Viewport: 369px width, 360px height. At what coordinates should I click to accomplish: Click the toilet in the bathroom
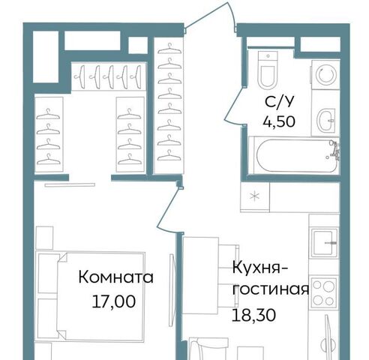(x=268, y=70)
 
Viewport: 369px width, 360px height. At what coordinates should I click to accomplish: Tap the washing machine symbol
(x=325, y=75)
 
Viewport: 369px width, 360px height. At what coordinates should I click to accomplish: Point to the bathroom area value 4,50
(x=279, y=121)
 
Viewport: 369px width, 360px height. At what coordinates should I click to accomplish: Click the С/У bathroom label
(x=279, y=101)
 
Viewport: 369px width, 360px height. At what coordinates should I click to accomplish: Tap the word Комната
(x=115, y=277)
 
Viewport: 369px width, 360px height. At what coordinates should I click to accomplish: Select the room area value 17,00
(x=114, y=301)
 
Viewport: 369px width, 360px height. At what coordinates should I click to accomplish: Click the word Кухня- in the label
(x=260, y=268)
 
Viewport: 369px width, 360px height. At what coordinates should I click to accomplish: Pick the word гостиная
(x=271, y=289)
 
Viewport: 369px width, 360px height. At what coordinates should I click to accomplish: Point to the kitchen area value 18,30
(x=254, y=315)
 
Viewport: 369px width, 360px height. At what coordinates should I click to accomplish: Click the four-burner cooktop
(x=324, y=292)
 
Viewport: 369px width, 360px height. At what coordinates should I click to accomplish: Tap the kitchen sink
(x=324, y=242)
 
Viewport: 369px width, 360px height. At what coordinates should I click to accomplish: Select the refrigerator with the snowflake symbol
(x=255, y=196)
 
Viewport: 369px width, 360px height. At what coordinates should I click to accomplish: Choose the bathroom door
(x=234, y=105)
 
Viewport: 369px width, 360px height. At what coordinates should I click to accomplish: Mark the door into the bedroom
(x=167, y=208)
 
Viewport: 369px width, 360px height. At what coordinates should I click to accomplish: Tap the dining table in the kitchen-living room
(x=201, y=275)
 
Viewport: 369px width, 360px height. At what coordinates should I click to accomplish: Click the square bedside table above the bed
(x=44, y=238)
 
